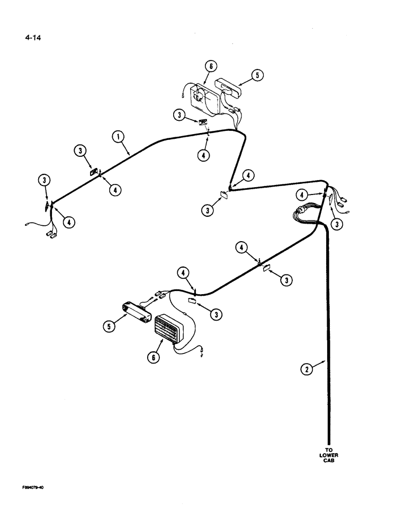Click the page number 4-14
click(x=32, y=38)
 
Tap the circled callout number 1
click(x=118, y=138)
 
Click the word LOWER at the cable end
click(x=328, y=455)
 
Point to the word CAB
click(x=328, y=461)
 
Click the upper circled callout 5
click(x=256, y=75)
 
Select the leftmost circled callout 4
click(x=69, y=223)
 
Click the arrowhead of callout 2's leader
click(x=325, y=361)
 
